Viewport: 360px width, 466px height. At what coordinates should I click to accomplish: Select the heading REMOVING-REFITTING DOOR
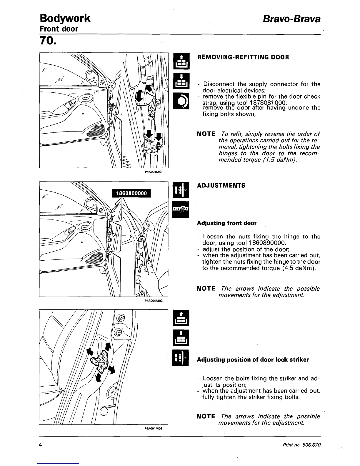pyautogui.click(x=243, y=57)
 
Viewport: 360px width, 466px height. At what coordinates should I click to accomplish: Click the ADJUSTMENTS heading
pyautogui.click(x=221, y=186)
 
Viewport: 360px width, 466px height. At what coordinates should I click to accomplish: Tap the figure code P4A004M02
pyautogui.click(x=154, y=301)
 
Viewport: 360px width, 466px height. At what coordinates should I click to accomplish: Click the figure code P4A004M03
pyautogui.click(x=154, y=429)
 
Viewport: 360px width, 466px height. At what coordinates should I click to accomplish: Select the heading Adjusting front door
pyautogui.click(x=226, y=223)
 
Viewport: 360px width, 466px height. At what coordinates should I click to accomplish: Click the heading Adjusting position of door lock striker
pyautogui.click(x=253, y=360)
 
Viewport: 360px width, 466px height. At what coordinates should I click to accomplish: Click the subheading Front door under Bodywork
pyautogui.click(x=59, y=29)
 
